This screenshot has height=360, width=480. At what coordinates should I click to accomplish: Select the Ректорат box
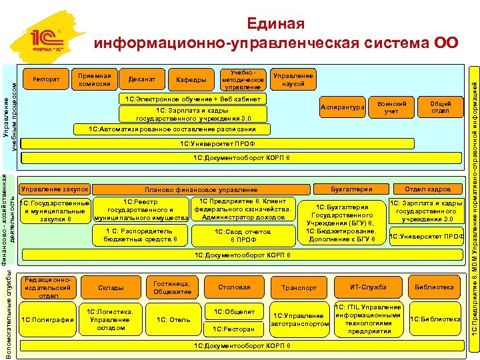46,80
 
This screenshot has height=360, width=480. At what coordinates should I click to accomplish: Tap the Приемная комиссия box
94,79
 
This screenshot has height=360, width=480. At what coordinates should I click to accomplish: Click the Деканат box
141,80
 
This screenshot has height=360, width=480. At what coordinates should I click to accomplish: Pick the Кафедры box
191,80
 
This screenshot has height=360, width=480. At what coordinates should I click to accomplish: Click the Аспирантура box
342,107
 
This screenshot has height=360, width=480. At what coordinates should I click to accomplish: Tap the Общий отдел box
440,107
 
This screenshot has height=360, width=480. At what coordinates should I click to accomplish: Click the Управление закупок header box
55,189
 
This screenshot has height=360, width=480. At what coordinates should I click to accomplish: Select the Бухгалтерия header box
351,189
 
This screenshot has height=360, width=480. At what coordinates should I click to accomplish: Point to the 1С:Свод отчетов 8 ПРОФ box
243,235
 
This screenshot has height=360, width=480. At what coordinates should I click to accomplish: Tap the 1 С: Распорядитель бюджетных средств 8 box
141,235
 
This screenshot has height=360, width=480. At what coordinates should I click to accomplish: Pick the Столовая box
234,287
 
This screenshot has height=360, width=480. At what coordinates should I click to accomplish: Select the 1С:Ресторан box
233,329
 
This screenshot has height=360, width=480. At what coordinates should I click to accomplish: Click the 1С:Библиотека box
435,319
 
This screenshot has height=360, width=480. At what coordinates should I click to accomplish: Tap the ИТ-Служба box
369,287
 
